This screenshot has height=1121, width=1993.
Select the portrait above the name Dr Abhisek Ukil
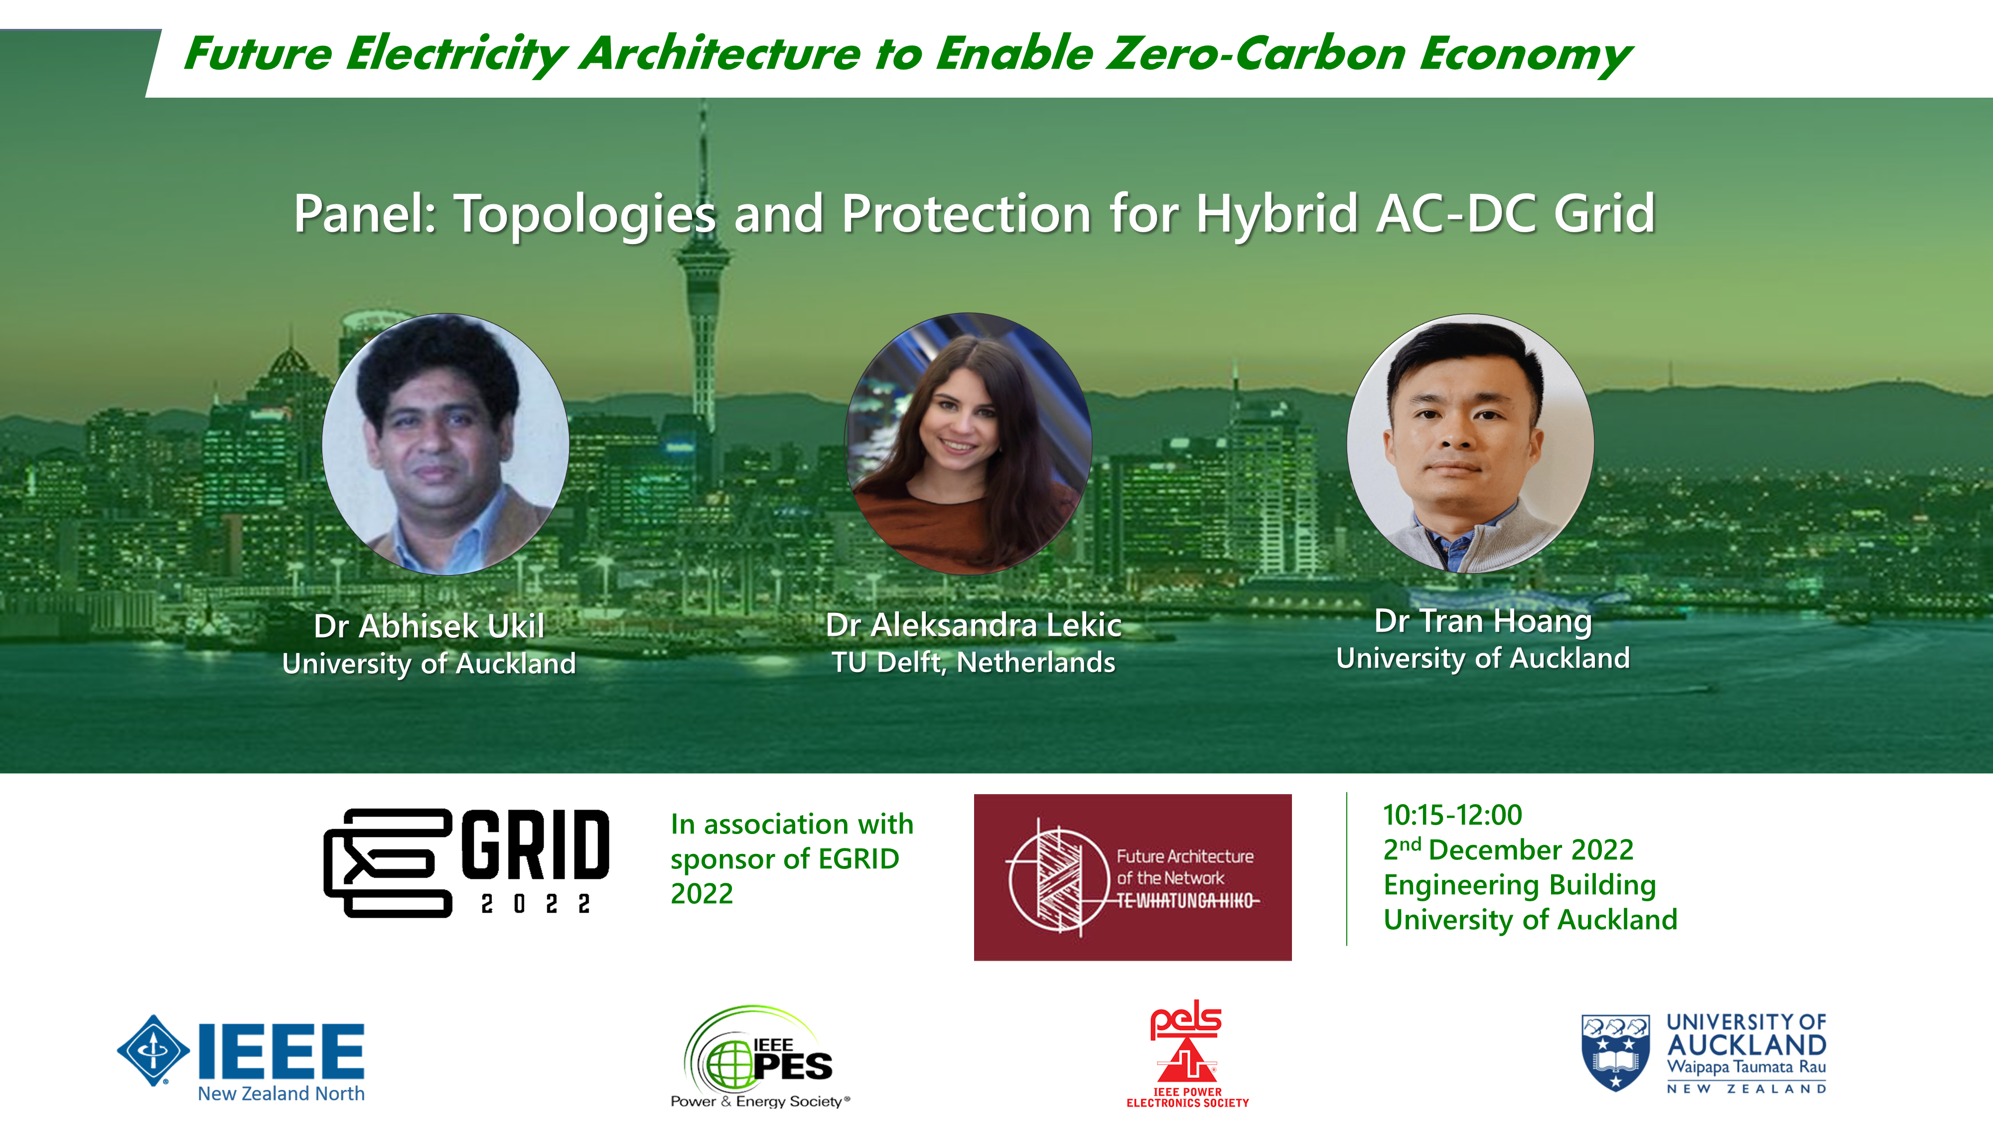click(445, 444)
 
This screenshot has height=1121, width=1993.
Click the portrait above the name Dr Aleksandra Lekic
click(969, 443)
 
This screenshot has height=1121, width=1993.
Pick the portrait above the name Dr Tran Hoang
click(1470, 443)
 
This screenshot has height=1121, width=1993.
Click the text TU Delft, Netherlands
click(973, 662)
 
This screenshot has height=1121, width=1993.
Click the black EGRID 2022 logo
click(466, 862)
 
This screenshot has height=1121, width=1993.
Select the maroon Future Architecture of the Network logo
click(1133, 877)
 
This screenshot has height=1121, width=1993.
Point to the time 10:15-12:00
click(1452, 815)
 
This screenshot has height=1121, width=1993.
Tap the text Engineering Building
click(1520, 885)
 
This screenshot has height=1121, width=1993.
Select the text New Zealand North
click(281, 1093)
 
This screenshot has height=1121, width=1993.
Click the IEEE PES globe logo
click(759, 1057)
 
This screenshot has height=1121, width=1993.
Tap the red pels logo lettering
click(1185, 1020)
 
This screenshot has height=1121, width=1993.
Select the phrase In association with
click(792, 825)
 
